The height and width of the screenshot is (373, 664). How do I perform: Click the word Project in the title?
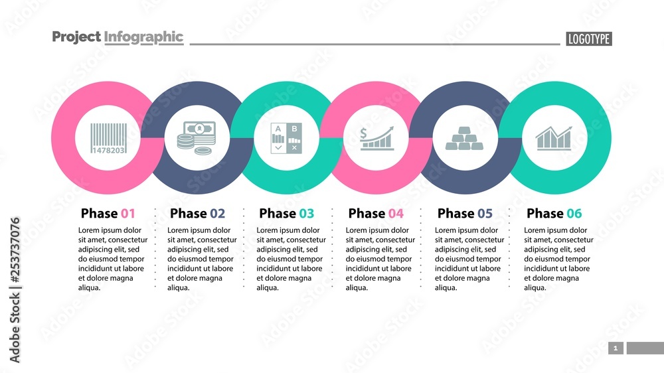pyautogui.click(x=76, y=37)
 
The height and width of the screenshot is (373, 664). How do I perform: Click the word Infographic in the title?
pyautogui.click(x=143, y=37)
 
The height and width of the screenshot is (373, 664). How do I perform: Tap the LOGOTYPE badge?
pyautogui.click(x=589, y=39)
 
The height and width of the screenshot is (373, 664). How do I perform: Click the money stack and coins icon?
pyautogui.click(x=197, y=137)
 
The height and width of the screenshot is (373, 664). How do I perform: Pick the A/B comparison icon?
pyautogui.click(x=287, y=138)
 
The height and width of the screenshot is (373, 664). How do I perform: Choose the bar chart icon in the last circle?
pyautogui.click(x=554, y=138)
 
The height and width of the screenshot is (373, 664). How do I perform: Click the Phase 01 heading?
pyautogui.click(x=108, y=214)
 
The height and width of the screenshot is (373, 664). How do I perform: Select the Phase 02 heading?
pyautogui.click(x=197, y=214)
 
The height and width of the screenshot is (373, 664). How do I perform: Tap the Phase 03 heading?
pyautogui.click(x=286, y=214)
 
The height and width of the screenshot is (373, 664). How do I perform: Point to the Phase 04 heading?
pyautogui.click(x=376, y=214)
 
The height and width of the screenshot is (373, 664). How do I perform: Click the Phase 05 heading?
pyautogui.click(x=465, y=214)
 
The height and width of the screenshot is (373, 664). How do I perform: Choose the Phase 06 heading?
pyautogui.click(x=554, y=214)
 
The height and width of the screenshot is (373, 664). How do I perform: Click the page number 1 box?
pyautogui.click(x=616, y=348)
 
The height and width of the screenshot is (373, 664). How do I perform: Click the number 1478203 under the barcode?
pyautogui.click(x=106, y=151)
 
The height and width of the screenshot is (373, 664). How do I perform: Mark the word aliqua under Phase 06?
pyautogui.click(x=535, y=288)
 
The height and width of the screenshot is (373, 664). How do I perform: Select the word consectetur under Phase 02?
pyautogui.click(x=214, y=240)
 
